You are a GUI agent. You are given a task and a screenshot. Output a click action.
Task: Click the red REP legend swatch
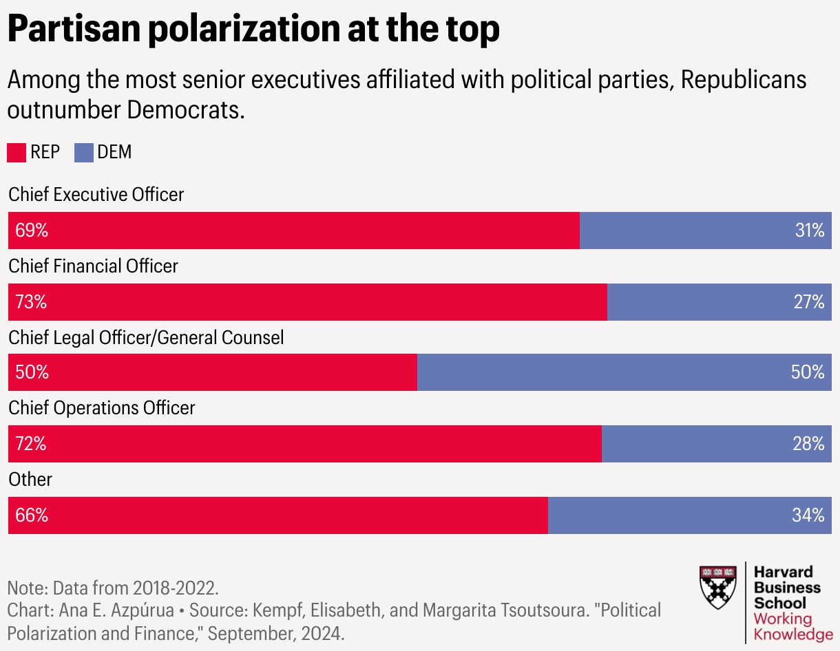17,152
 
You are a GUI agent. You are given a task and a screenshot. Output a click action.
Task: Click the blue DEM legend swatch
83,152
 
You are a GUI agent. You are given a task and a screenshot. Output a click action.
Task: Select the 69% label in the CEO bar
32,231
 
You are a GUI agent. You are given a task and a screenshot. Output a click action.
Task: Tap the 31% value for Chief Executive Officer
809,231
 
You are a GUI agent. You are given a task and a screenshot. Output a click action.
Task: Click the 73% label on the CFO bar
32,302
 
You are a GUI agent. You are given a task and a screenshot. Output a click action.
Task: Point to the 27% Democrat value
809,302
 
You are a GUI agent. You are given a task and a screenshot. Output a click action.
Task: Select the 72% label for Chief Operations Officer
31,444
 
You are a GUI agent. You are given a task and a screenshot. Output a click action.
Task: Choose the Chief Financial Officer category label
93,266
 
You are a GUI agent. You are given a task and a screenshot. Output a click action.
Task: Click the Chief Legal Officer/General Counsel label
146,338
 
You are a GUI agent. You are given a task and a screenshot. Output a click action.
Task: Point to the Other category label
30,480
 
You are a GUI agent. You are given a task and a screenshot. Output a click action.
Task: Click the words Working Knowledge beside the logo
792,626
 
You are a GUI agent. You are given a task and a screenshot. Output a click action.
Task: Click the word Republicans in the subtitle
744,81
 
